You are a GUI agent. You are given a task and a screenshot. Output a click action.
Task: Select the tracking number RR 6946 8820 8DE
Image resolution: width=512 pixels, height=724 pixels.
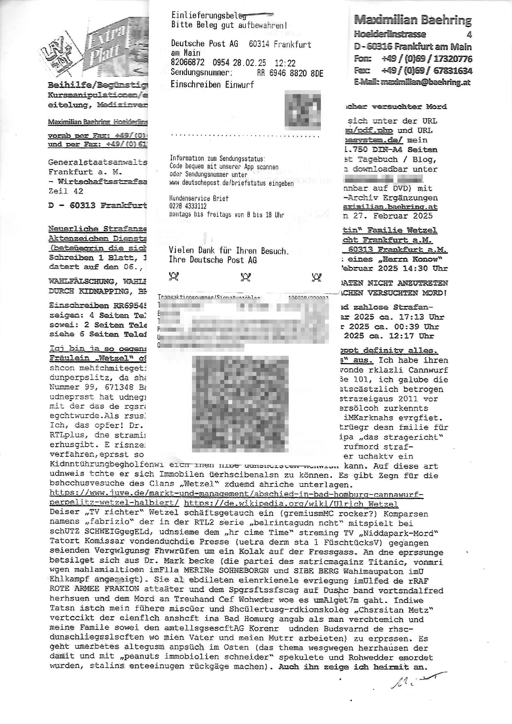point(290,73)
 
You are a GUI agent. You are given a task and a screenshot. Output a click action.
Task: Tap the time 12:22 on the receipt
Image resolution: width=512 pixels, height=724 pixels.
point(285,63)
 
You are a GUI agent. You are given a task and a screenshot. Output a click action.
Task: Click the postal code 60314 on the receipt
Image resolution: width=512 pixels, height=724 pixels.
point(259,44)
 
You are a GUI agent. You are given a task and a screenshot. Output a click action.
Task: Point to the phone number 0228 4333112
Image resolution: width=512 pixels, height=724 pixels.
point(188,206)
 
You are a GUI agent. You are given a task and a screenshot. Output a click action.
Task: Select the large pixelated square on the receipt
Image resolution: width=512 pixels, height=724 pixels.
point(240,403)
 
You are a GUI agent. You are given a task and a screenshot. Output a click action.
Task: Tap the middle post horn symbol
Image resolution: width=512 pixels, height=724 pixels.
point(245,277)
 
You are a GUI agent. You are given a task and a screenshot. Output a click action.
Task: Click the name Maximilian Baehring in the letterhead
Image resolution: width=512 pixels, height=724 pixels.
point(413,20)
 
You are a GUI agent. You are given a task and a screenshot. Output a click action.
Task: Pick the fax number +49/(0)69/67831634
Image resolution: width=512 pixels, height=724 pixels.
point(427,70)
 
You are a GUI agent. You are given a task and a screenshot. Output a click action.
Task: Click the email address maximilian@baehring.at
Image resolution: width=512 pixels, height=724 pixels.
point(425,82)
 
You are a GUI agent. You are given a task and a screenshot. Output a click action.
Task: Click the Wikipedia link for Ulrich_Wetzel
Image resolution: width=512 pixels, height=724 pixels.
point(291,504)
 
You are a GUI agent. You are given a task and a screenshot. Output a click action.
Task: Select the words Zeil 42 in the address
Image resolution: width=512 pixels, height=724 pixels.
point(66,191)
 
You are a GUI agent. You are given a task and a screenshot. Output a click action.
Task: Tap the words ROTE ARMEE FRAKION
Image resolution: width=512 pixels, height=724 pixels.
point(94,589)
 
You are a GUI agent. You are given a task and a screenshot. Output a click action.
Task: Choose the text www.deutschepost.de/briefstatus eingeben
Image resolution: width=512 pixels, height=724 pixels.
point(231,183)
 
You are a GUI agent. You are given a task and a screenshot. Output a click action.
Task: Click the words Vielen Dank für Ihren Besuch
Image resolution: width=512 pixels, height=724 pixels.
point(228,251)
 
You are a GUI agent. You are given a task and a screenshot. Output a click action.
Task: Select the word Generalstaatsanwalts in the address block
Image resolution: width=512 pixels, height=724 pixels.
point(97,162)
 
